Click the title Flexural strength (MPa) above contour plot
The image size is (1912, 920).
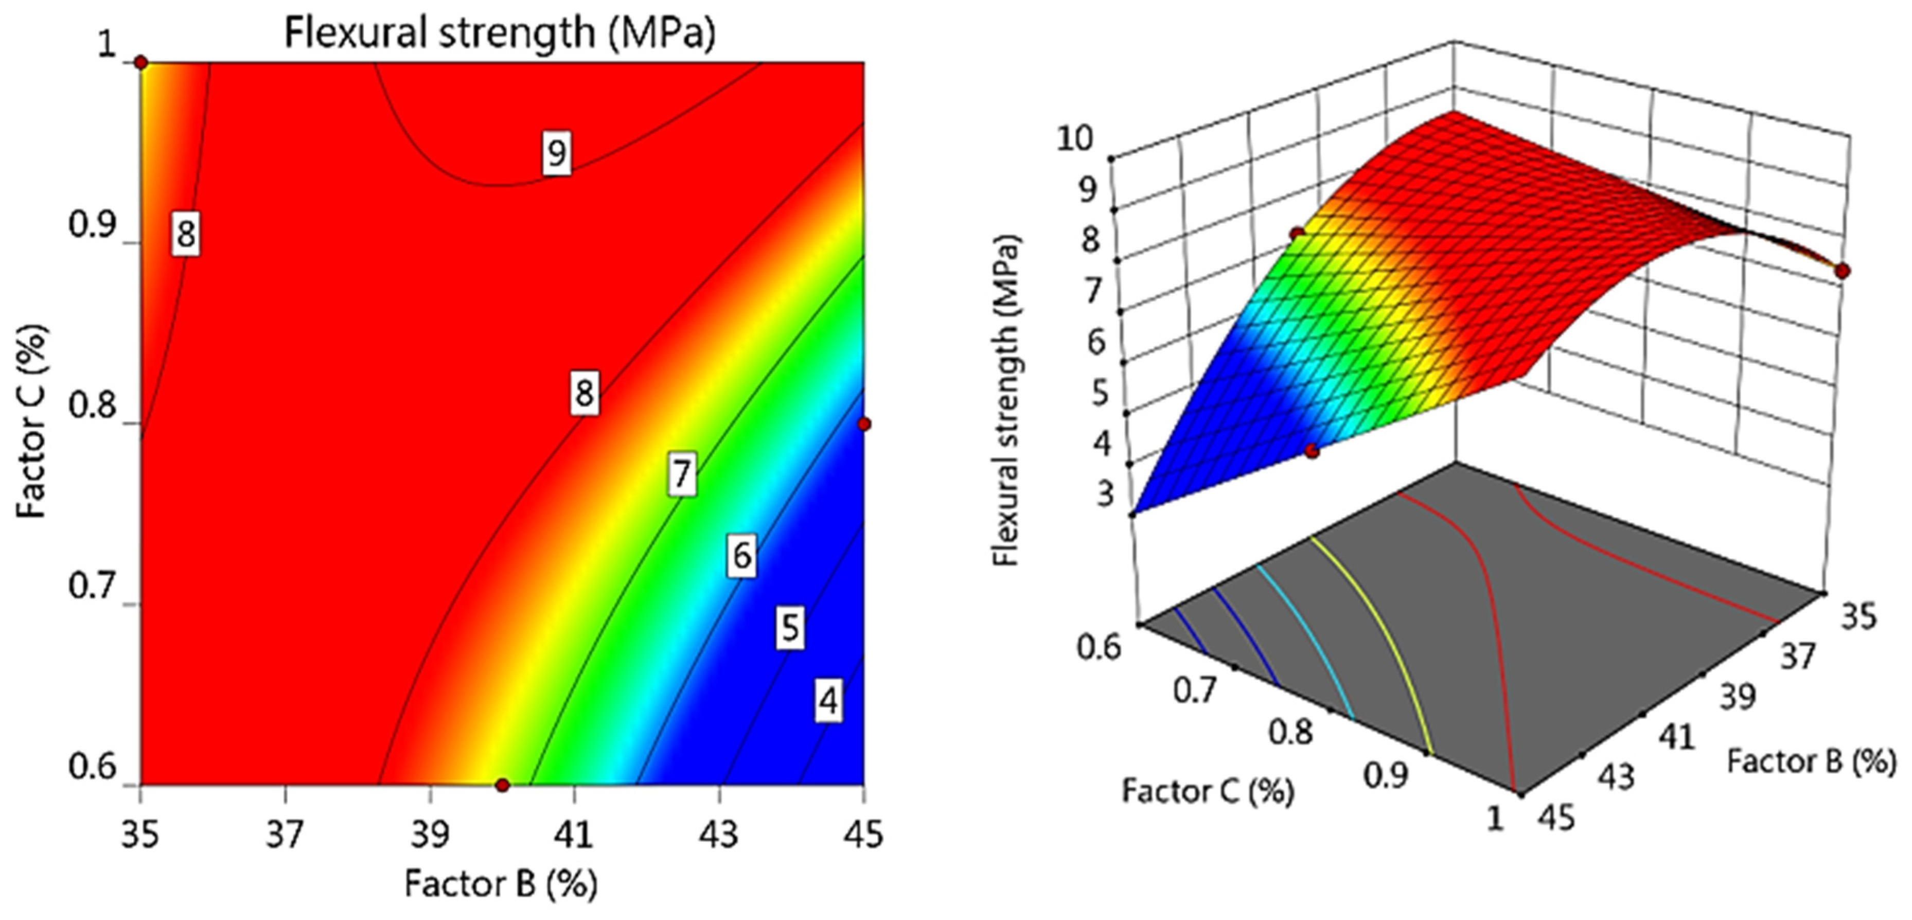(x=500, y=33)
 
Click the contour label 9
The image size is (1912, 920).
(x=556, y=153)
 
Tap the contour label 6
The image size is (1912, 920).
(x=741, y=555)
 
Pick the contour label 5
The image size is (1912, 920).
(x=790, y=628)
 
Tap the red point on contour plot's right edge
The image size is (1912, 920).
(x=863, y=424)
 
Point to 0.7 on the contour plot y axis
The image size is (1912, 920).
(x=92, y=587)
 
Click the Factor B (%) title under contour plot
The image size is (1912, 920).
(x=501, y=883)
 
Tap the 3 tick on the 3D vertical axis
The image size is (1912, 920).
(x=1105, y=492)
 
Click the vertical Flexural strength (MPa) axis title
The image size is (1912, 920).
(x=1007, y=401)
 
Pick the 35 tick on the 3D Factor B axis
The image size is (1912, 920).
(x=1856, y=615)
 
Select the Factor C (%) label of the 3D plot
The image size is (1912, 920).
(x=1208, y=791)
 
